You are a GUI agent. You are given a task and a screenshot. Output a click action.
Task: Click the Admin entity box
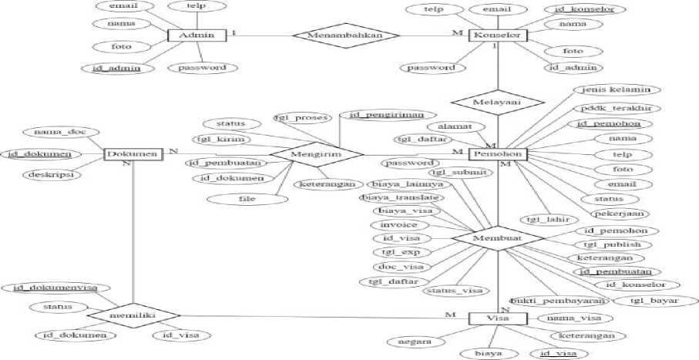click(196, 35)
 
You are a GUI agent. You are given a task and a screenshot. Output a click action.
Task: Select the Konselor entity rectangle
click(499, 35)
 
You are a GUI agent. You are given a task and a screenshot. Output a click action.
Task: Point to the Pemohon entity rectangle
click(499, 154)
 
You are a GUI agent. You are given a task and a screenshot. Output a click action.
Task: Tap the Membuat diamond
click(499, 240)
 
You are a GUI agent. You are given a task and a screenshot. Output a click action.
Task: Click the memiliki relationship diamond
click(133, 316)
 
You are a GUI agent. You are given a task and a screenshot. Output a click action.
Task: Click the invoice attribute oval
click(398, 224)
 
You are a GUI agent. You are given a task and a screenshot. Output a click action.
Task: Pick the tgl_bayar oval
click(654, 300)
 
